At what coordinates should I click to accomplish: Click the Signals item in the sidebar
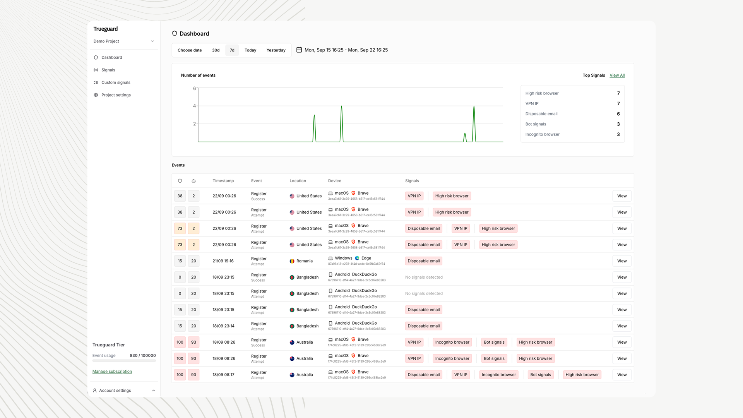[x=108, y=70]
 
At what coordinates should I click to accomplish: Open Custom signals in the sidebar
[x=116, y=82]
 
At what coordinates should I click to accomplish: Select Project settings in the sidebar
[x=116, y=95]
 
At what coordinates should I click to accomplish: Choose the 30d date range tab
[x=216, y=50]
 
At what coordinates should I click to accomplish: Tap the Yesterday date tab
[x=276, y=50]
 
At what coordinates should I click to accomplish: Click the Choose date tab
[x=190, y=50]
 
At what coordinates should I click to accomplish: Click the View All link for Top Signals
[x=617, y=75]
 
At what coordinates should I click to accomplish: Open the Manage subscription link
[x=112, y=372]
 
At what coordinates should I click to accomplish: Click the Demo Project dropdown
[x=124, y=41]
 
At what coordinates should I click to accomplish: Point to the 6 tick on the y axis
[x=194, y=89]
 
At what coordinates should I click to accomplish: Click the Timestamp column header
[x=223, y=181]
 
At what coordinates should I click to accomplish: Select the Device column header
[x=334, y=181]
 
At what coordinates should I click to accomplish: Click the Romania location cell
[x=304, y=261]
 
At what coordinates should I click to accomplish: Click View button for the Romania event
[x=622, y=261]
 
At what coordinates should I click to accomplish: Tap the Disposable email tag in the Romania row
[x=423, y=261]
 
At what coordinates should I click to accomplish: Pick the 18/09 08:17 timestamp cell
[x=223, y=375]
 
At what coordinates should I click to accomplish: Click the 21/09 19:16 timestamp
[x=223, y=261]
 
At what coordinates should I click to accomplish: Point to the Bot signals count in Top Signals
[x=618, y=124]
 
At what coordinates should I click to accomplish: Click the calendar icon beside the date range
[x=299, y=50]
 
